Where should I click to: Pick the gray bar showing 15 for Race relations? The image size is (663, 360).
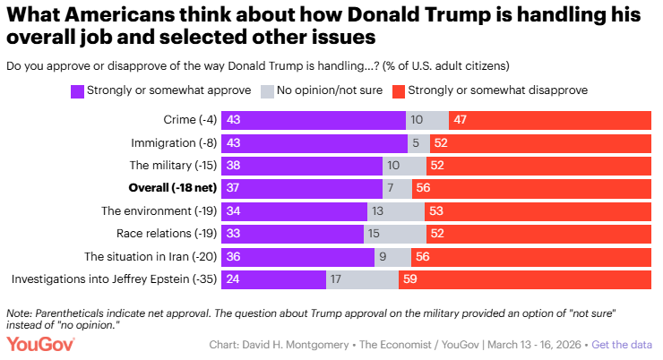(x=394, y=234)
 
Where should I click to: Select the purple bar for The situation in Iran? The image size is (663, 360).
(x=305, y=257)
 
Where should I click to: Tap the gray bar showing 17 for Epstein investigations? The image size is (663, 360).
(x=362, y=279)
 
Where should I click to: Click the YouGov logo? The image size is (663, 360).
(x=41, y=344)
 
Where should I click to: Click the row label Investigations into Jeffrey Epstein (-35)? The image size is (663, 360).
(x=118, y=279)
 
